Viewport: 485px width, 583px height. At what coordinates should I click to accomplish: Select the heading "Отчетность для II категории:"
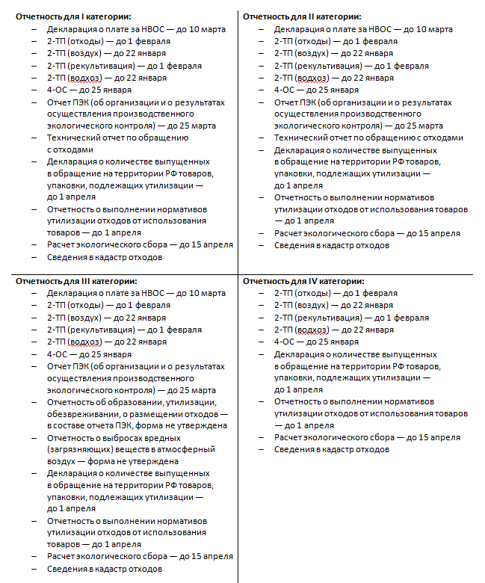pyautogui.click(x=302, y=16)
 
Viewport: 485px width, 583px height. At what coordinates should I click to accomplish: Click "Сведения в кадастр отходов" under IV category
pyautogui.click(x=331, y=449)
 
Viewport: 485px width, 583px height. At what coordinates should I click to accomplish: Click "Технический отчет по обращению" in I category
pyautogui.click(x=117, y=138)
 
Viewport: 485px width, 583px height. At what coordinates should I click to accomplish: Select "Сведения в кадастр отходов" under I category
pyautogui.click(x=105, y=257)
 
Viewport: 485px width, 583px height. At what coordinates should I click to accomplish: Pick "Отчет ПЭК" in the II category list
pyautogui.click(x=293, y=102)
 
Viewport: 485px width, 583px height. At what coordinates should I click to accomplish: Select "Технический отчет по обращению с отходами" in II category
pyautogui.click(x=368, y=138)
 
